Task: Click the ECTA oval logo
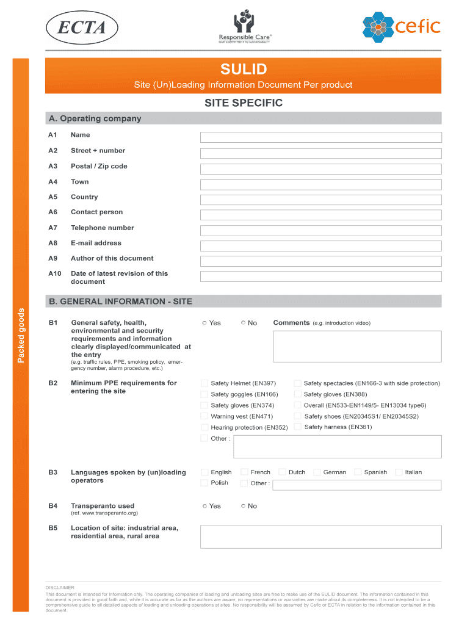82,27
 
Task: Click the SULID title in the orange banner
243,69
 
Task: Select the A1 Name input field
320,137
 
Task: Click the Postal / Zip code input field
320,168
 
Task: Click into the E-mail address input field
320,245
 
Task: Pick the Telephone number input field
320,230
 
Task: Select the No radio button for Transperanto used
244,506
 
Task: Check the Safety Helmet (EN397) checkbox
204,383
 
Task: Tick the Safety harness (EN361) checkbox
298,427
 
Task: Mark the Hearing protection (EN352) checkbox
204,427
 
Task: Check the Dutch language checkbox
282,472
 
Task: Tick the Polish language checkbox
204,483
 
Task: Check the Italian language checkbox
399,472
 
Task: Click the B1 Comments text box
357,347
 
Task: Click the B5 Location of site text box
320,536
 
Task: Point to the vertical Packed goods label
21,336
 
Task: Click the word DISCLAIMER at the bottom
60,587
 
